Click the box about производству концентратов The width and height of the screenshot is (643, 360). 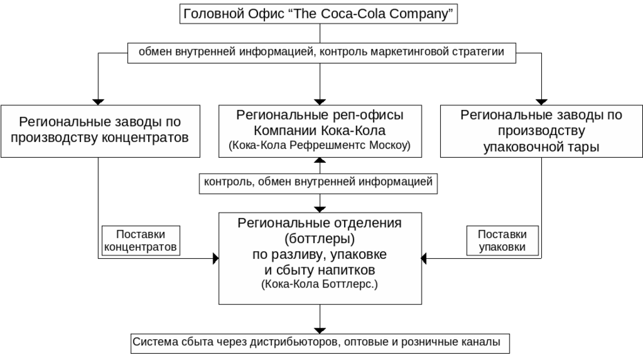click(x=100, y=130)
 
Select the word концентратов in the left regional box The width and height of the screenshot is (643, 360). click(x=145, y=138)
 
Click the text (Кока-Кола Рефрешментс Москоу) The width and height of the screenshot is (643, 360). click(x=320, y=145)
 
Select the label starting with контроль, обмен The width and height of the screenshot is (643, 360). click(x=318, y=182)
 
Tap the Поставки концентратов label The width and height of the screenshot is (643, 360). click(x=141, y=240)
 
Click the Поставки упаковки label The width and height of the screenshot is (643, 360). click(x=502, y=240)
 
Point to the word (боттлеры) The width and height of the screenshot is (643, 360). click(x=320, y=239)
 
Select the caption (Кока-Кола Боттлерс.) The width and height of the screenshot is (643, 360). click(x=320, y=284)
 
